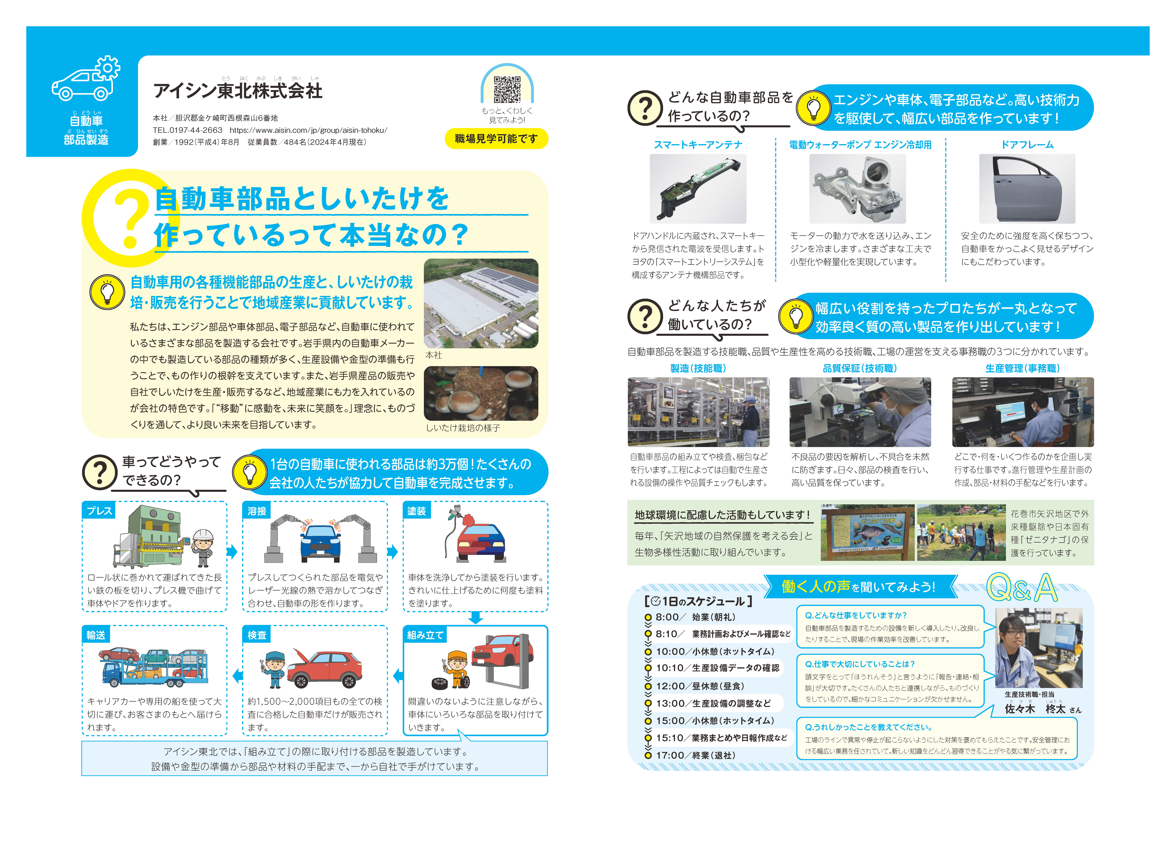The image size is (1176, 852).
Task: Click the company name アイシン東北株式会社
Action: (x=238, y=91)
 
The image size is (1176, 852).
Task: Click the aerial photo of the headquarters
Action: (x=481, y=303)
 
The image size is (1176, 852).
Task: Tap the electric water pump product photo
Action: (x=857, y=189)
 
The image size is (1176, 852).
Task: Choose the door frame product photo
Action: (x=1027, y=189)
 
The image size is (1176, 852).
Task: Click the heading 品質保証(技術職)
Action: (x=860, y=368)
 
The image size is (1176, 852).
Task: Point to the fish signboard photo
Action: (x=867, y=532)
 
